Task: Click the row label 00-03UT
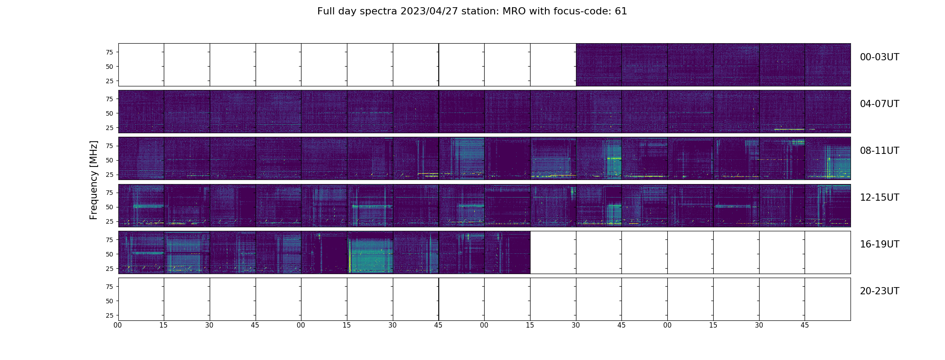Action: coord(879,57)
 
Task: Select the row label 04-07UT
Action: coord(879,104)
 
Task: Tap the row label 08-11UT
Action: coord(879,151)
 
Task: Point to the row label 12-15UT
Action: coord(879,198)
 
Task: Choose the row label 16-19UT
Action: coord(879,244)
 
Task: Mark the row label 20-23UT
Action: coord(879,291)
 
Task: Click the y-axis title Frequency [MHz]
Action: coord(94,180)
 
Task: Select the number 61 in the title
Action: coord(621,11)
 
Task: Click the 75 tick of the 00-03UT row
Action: coord(109,52)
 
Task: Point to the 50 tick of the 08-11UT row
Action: coord(109,160)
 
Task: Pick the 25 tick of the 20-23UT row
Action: coord(109,315)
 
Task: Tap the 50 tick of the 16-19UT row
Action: coord(109,254)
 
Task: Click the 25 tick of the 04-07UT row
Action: coord(109,128)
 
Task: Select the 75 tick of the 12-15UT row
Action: coord(109,193)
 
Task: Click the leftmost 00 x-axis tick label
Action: coord(118,325)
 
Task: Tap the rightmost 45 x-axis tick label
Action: coord(805,325)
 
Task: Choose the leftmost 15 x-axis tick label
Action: coord(163,325)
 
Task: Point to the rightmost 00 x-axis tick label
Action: coord(667,325)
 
